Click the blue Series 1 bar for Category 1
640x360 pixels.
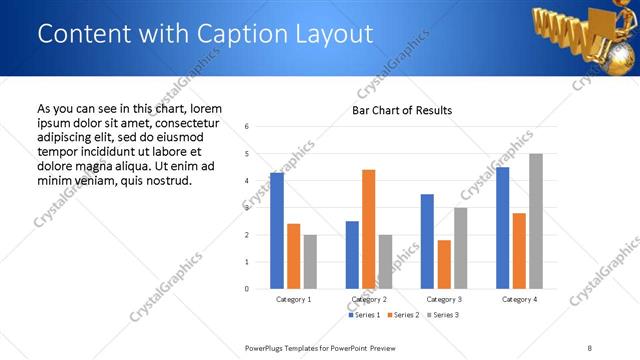click(277, 231)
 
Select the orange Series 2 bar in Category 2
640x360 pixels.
click(368, 229)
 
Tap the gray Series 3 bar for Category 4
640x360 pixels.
click(536, 221)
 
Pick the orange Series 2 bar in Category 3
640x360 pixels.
click(443, 264)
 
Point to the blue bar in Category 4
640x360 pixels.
click(502, 228)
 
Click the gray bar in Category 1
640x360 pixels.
click(310, 262)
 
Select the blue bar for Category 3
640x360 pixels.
click(427, 241)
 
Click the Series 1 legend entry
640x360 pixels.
click(365, 315)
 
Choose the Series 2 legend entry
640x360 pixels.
click(402, 315)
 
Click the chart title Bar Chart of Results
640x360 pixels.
click(402, 110)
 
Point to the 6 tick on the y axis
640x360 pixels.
click(246, 126)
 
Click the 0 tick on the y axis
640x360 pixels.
click(246, 289)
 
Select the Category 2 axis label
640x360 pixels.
click(369, 299)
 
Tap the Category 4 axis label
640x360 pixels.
click(519, 299)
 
